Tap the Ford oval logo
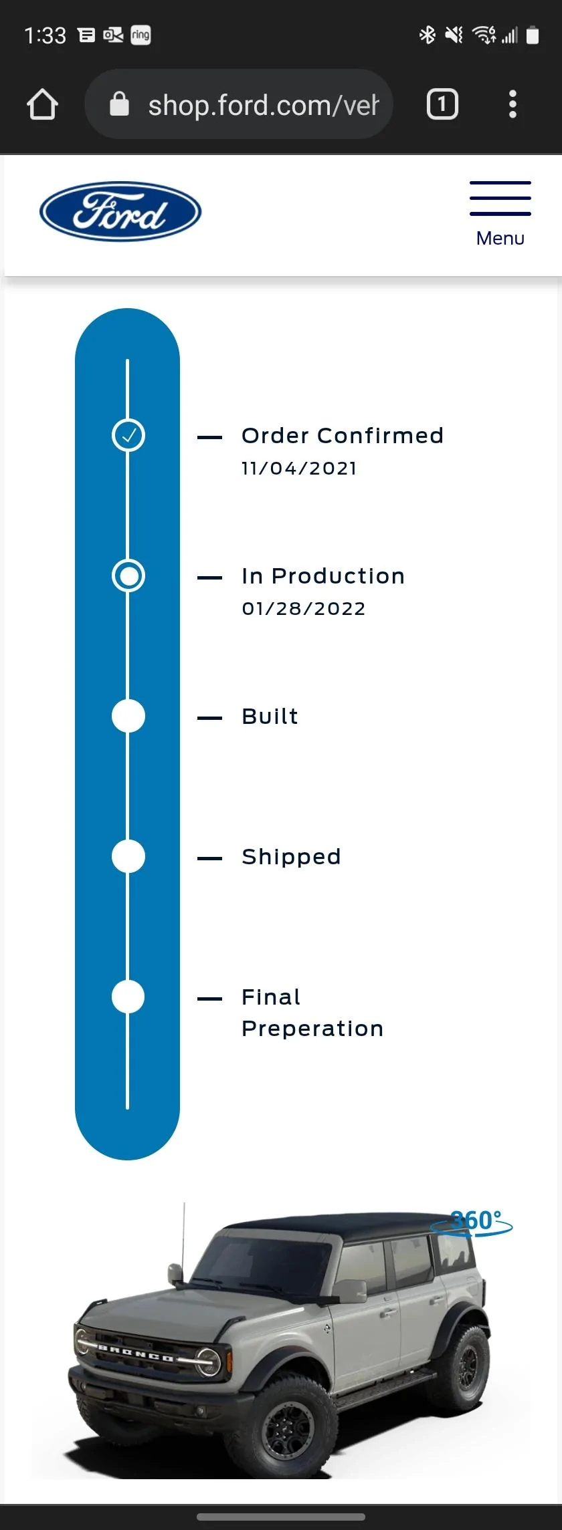click(x=120, y=211)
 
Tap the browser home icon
click(x=42, y=104)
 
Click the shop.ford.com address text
click(x=263, y=105)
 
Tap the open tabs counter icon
click(x=442, y=104)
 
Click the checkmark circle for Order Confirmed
click(x=128, y=435)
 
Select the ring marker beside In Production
click(x=128, y=576)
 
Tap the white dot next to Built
click(x=128, y=716)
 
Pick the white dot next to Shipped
click(x=128, y=856)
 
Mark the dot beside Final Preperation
click(x=128, y=997)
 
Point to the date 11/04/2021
click(x=299, y=468)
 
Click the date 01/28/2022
click(x=304, y=608)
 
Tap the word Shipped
click(x=292, y=856)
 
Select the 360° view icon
click(x=472, y=1223)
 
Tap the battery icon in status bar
click(x=533, y=35)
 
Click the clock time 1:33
click(x=45, y=35)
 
